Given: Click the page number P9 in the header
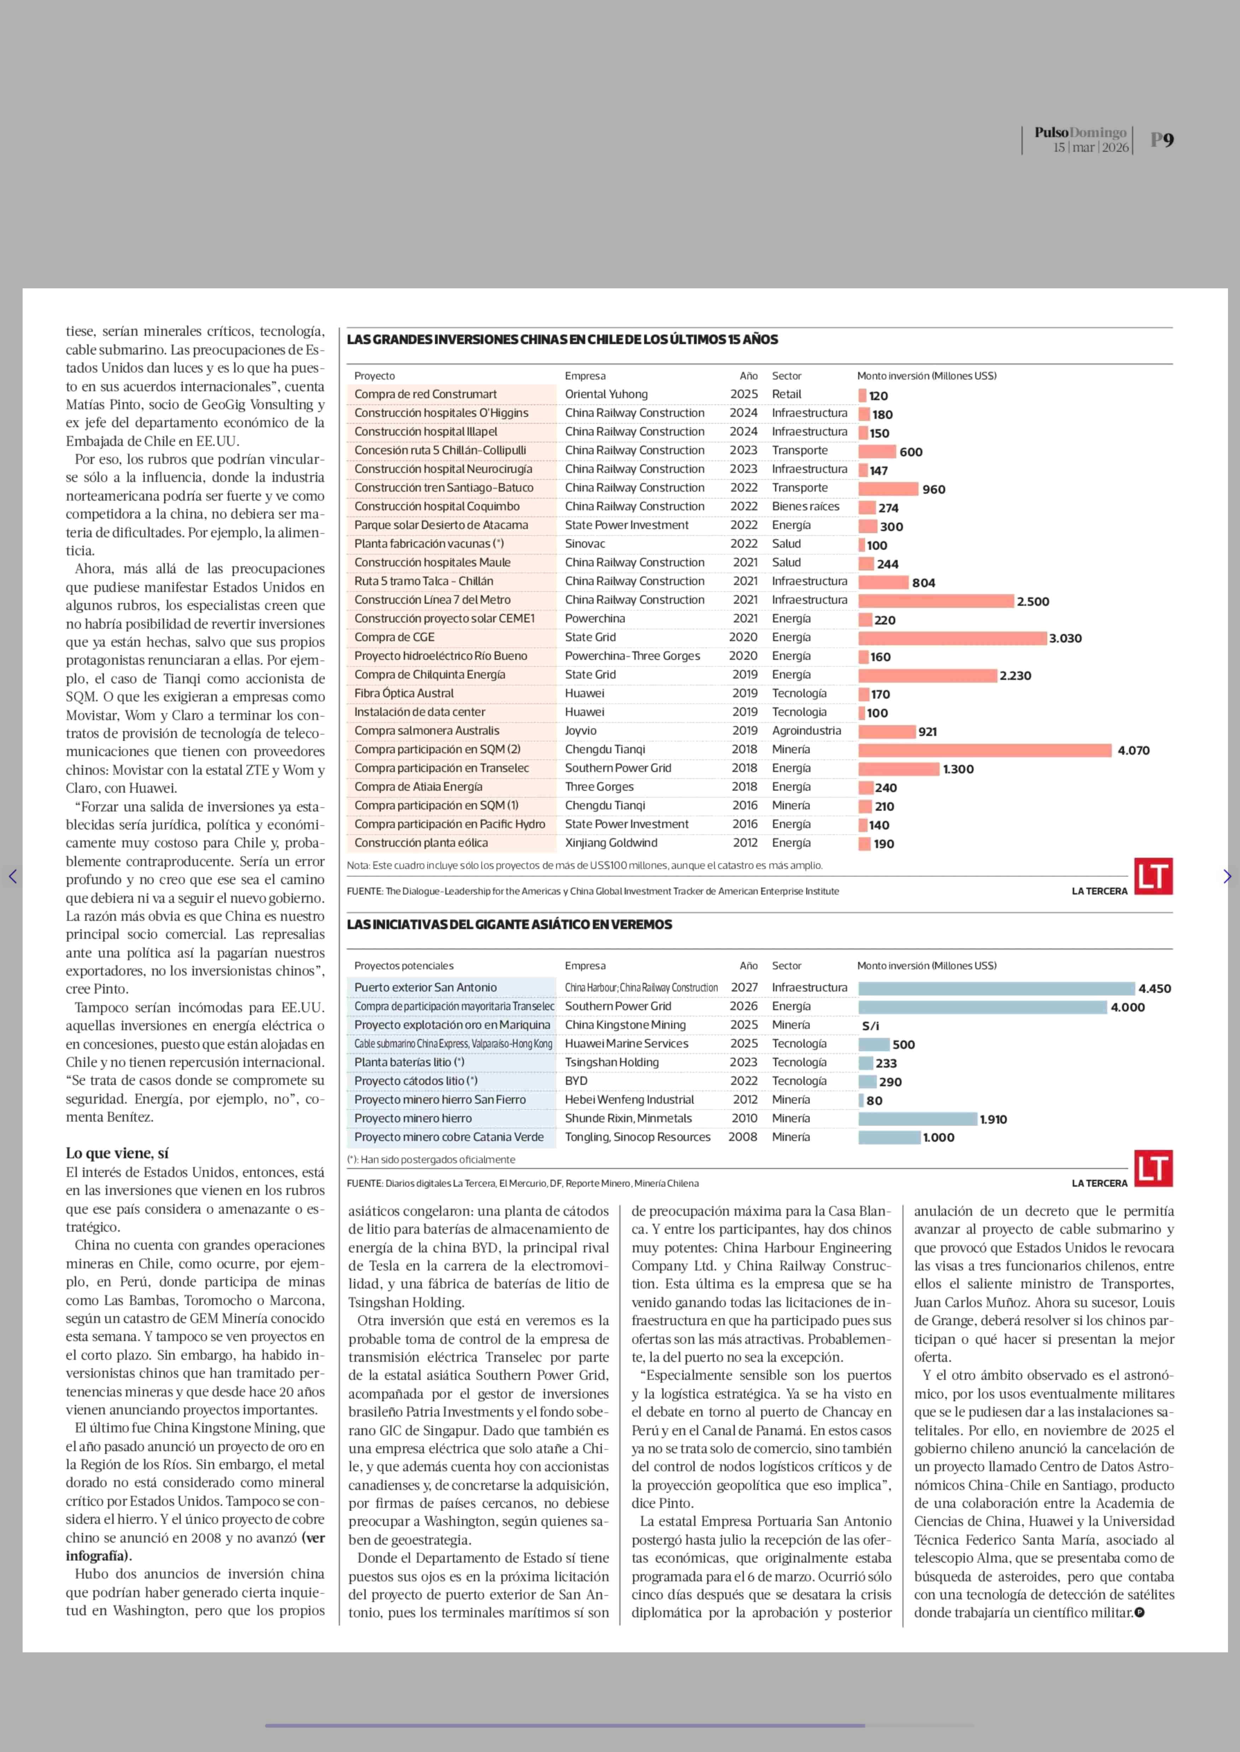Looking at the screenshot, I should pyautogui.click(x=1162, y=140).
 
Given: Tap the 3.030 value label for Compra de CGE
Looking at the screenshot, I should pyautogui.click(x=1065, y=638).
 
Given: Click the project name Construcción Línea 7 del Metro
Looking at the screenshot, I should pyautogui.click(x=432, y=600).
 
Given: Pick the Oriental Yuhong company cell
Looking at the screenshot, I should pyautogui.click(x=606, y=394).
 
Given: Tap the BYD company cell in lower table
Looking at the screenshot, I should pyautogui.click(x=577, y=1081).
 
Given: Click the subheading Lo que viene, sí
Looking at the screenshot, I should pyautogui.click(x=117, y=1153).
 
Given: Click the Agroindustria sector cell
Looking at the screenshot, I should pyautogui.click(x=806, y=730).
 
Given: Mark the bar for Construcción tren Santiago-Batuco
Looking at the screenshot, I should pyautogui.click(x=888, y=489).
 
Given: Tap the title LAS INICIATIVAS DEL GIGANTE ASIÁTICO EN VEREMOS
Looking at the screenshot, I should pyautogui.click(x=509, y=924).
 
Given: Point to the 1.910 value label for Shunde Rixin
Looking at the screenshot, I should pyautogui.click(x=993, y=1119).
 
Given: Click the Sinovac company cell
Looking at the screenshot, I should pyautogui.click(x=585, y=543).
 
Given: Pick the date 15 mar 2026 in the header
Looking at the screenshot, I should pyautogui.click(x=1090, y=147).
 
